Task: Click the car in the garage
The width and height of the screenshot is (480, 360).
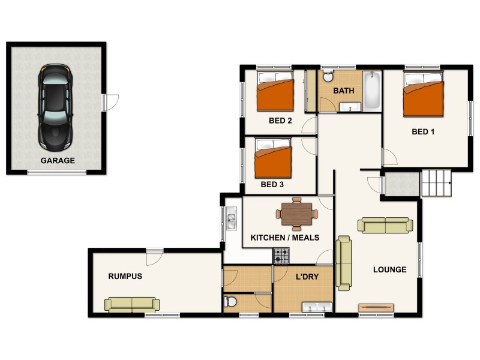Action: [55, 108]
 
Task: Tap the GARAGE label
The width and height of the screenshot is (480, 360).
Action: [58, 160]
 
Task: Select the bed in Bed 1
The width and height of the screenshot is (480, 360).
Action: [424, 94]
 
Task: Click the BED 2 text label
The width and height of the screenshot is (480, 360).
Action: [280, 121]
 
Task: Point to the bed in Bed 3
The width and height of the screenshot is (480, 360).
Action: [273, 158]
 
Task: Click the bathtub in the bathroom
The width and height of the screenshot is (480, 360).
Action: [372, 90]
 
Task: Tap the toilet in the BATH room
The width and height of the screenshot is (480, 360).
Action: [328, 76]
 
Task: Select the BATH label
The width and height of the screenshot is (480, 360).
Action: [344, 91]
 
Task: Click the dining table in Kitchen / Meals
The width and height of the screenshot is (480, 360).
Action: [296, 214]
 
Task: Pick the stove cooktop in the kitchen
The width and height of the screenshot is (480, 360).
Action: [281, 256]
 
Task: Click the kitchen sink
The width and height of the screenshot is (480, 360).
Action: [231, 218]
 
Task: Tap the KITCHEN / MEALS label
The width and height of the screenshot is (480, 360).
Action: [284, 238]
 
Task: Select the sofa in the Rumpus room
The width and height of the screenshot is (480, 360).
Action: [132, 305]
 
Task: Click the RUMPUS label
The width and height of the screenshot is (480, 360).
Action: [125, 276]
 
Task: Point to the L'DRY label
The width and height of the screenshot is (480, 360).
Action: [307, 277]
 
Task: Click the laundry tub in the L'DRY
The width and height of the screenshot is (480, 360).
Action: [317, 307]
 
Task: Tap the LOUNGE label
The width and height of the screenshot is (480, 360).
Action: [389, 269]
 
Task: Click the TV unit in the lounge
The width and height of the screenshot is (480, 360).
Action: [376, 308]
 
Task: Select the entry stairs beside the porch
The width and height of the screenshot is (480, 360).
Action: [437, 183]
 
